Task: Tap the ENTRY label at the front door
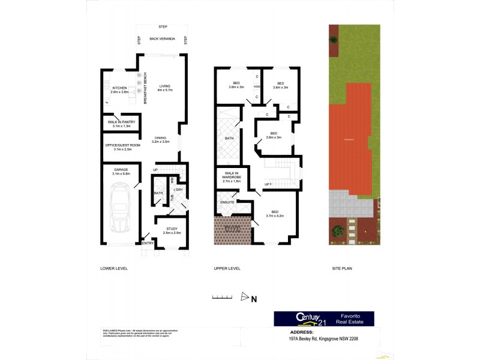148,244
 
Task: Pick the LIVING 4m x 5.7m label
165,88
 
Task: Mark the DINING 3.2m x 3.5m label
161,140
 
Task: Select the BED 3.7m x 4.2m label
274,213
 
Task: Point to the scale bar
222,296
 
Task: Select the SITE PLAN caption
343,268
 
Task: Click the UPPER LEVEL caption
227,268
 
